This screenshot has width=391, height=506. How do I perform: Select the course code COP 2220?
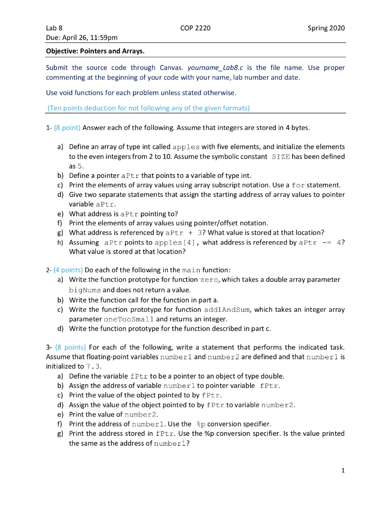(195, 28)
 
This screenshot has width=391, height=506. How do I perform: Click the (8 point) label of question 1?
(66, 128)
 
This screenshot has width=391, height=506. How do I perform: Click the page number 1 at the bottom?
(343, 471)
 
